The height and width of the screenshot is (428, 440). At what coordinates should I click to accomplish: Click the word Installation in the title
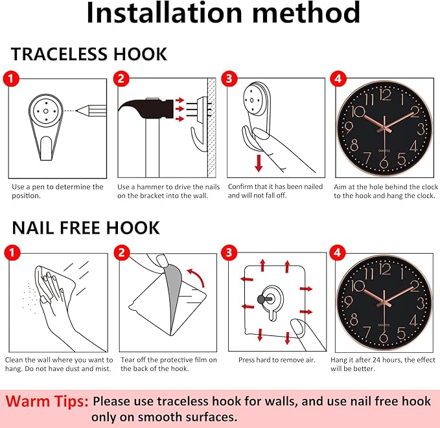[x=164, y=12]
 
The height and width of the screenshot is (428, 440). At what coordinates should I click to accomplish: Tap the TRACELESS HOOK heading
[x=89, y=54]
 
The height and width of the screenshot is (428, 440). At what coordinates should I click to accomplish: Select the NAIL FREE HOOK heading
[x=86, y=227]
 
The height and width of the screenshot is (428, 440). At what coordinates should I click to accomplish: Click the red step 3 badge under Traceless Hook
[x=229, y=78]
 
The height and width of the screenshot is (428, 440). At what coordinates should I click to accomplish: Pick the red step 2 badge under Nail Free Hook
[x=122, y=253]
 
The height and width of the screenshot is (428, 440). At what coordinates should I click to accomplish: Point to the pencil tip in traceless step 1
[x=77, y=111]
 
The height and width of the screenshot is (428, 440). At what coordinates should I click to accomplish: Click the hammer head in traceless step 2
[x=146, y=109]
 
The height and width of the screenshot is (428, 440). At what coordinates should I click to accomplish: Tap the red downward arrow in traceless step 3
[x=259, y=163]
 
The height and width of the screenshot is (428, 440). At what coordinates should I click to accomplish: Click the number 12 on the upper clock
[x=386, y=95]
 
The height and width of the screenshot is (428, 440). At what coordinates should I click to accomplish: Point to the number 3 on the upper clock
[x=421, y=130]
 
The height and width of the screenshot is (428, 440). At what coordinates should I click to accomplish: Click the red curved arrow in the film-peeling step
[x=196, y=277]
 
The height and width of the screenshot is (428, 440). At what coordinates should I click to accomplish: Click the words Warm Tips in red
[x=47, y=401]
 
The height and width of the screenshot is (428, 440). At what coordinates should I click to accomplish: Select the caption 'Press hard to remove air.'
[x=277, y=360]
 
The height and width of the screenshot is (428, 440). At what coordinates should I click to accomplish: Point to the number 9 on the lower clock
[x=348, y=302]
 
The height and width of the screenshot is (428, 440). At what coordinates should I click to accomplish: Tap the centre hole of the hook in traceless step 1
[x=46, y=111]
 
